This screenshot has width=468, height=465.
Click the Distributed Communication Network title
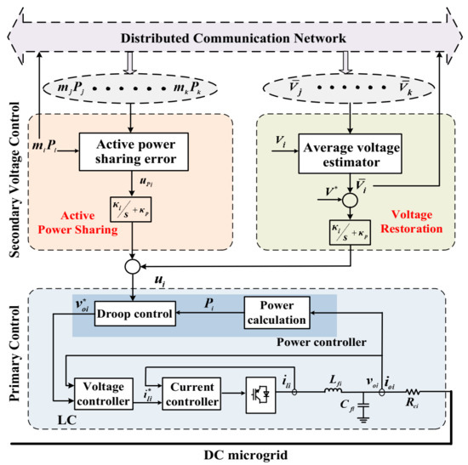pyautogui.click(x=233, y=39)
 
